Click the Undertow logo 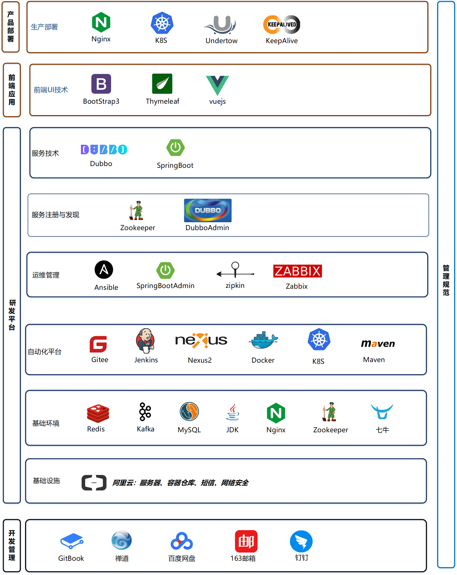[x=221, y=24]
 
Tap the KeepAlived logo [x=281, y=24]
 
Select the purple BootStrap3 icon [x=101, y=84]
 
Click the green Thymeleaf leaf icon [x=162, y=84]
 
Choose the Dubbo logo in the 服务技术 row [x=104, y=149]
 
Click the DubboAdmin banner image [x=208, y=210]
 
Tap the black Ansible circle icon [x=104, y=270]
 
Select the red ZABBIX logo [x=297, y=271]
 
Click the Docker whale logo [x=263, y=340]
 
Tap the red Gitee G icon [x=98, y=344]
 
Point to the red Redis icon [x=98, y=413]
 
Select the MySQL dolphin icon [x=189, y=412]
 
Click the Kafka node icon [x=145, y=412]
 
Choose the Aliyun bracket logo [x=94, y=483]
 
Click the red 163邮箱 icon [x=246, y=541]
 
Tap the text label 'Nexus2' [x=200, y=360]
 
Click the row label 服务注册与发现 [x=55, y=215]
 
